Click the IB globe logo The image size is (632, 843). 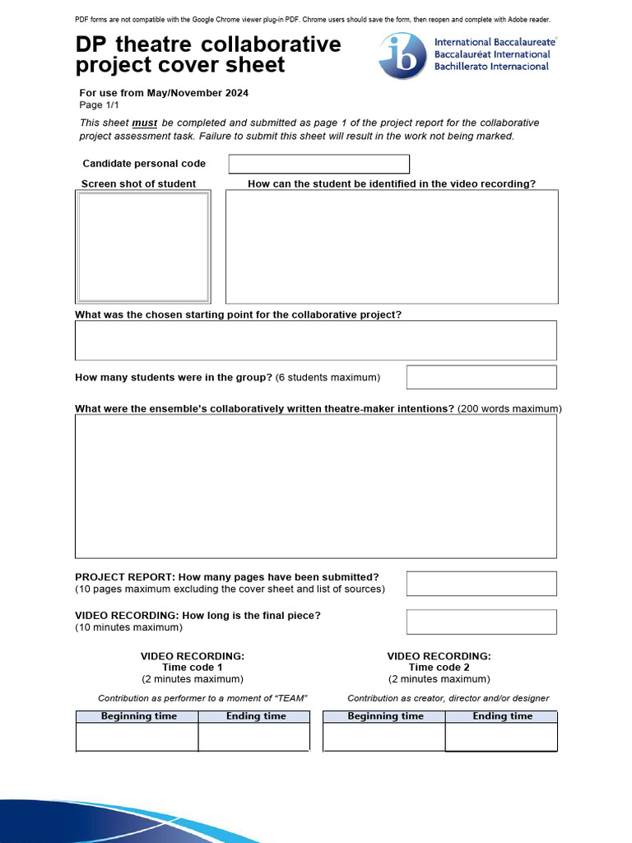coord(402,56)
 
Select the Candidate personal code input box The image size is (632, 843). coord(318,164)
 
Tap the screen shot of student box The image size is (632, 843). coord(143,247)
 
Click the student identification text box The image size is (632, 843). coord(392,246)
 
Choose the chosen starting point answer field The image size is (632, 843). coord(316,340)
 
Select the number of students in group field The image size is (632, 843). coord(481,377)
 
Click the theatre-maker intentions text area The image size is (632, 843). coord(316,486)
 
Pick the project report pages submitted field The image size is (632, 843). coord(481,583)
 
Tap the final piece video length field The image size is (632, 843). coord(481,622)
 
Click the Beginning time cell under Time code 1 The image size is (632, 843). coord(137,737)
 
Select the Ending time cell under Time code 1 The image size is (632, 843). coord(254,737)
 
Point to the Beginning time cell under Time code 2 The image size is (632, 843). coord(384,737)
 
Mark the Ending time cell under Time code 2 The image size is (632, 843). coord(501,738)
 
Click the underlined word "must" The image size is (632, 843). coord(145,123)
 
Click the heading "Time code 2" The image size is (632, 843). coord(439,668)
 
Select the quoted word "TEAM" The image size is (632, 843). coord(287,698)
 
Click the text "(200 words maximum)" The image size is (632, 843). coord(509,408)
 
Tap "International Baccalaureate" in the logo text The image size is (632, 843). coord(495,42)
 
